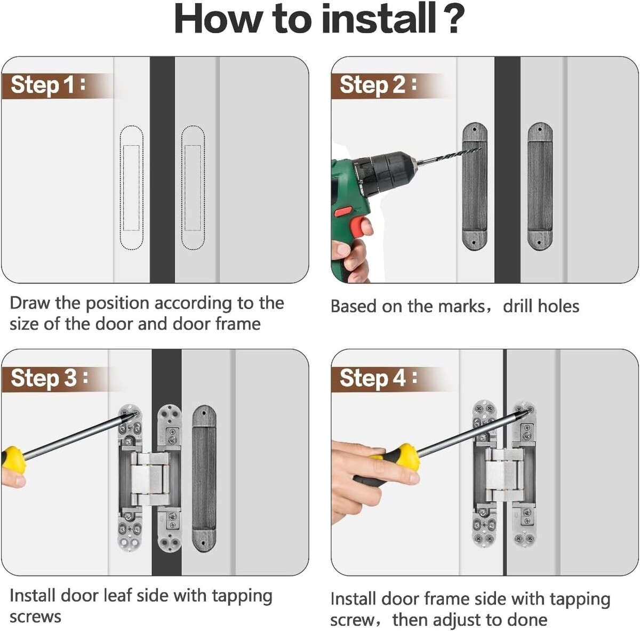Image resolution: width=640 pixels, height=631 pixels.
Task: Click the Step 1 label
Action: (48, 85)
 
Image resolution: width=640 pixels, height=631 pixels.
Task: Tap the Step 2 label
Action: (378, 85)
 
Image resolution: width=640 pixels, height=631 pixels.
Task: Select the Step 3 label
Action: (50, 378)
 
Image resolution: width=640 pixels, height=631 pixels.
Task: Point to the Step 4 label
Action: (378, 378)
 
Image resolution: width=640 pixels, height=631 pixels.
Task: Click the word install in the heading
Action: (378, 19)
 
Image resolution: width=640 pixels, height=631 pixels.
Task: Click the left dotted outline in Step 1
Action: (131, 188)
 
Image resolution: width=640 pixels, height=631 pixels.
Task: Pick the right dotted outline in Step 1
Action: (193, 188)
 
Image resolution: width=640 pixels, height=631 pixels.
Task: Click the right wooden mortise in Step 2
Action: (540, 186)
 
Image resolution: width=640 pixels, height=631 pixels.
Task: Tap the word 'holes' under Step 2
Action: (558, 306)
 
